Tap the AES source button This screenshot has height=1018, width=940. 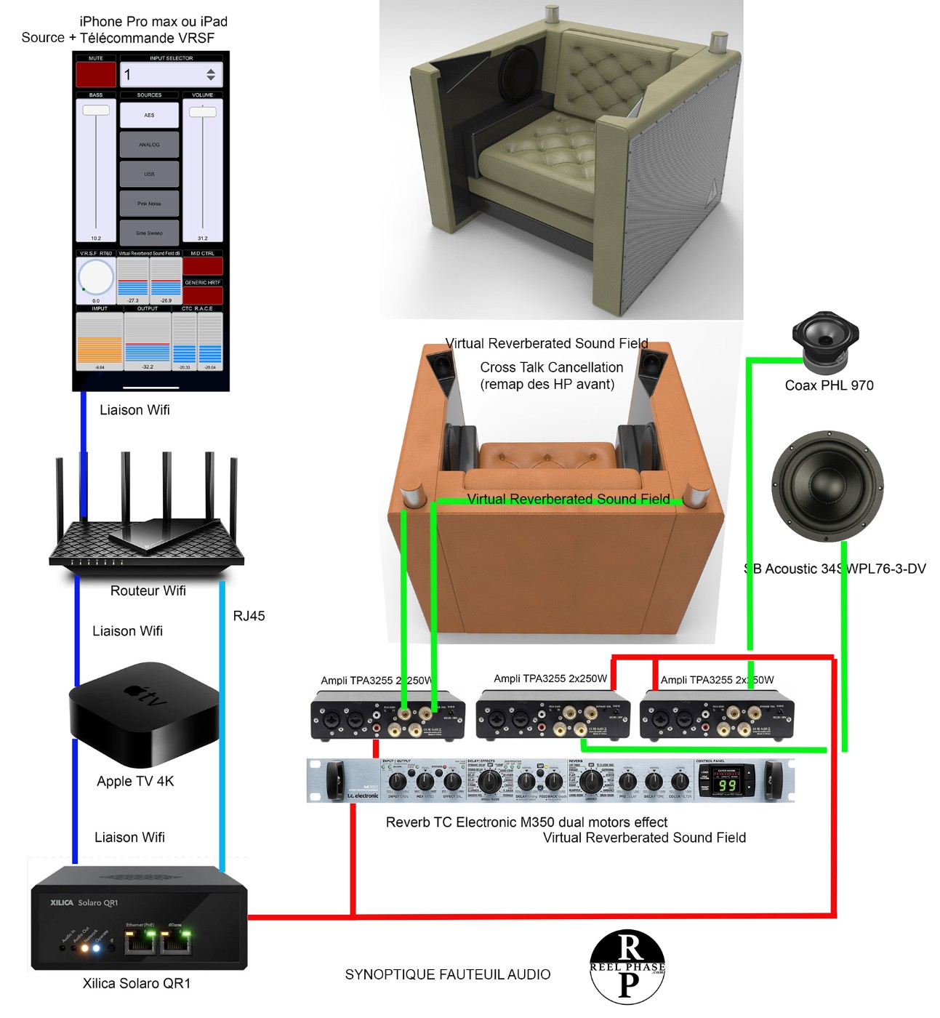point(149,115)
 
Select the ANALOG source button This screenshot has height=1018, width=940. point(149,145)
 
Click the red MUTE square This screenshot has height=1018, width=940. point(96,74)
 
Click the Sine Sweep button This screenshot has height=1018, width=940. point(149,233)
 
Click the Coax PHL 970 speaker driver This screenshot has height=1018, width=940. point(825,338)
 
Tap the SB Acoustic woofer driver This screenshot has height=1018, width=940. point(827,486)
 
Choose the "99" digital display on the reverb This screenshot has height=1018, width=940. point(727,785)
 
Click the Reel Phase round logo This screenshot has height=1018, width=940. point(627,967)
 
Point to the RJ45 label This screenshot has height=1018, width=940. point(249,616)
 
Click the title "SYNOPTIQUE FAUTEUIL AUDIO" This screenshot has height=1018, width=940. point(448,974)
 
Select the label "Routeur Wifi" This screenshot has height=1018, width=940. point(148,590)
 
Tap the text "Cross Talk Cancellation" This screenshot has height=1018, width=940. point(551,367)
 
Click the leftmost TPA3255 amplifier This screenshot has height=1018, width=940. point(387,716)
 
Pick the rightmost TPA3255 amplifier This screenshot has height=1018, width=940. point(716,716)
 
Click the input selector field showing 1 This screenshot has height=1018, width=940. point(171,74)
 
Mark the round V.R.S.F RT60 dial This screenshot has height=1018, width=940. point(96,277)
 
